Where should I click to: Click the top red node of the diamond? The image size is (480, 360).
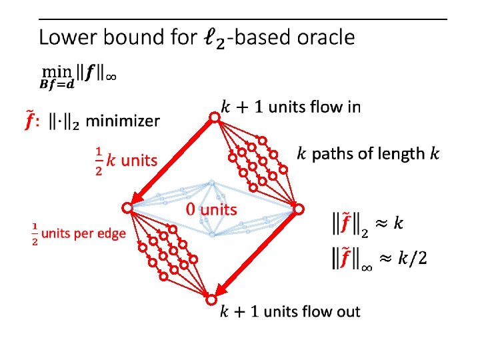click(x=215, y=118)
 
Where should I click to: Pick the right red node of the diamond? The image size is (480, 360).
click(x=300, y=209)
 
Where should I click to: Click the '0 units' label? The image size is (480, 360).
click(x=211, y=209)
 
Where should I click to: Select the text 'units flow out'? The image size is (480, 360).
click(x=312, y=311)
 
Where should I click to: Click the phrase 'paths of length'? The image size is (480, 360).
click(x=369, y=154)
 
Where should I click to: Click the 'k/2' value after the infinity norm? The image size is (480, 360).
click(x=412, y=259)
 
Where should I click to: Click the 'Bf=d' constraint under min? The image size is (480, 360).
click(x=57, y=84)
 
